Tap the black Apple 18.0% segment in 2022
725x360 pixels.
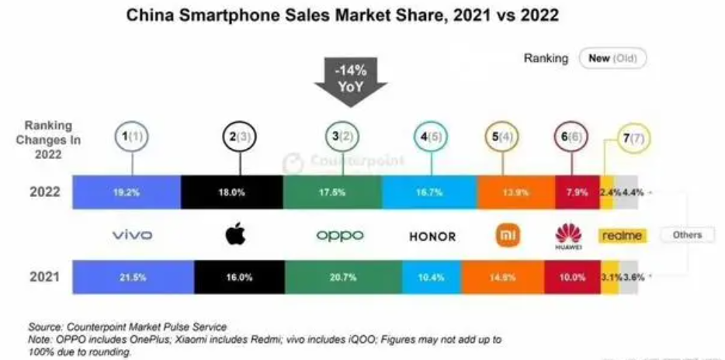(x=232, y=192)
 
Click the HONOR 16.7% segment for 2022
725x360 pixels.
(x=429, y=192)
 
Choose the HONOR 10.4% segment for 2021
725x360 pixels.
(x=432, y=276)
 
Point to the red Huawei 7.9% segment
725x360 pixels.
(x=577, y=192)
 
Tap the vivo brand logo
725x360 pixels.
(x=132, y=235)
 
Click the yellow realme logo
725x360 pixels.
(x=621, y=235)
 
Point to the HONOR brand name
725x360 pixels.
(x=431, y=235)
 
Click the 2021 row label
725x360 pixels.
(x=44, y=276)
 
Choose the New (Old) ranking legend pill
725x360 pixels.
(x=610, y=58)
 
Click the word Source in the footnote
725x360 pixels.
(x=45, y=327)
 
